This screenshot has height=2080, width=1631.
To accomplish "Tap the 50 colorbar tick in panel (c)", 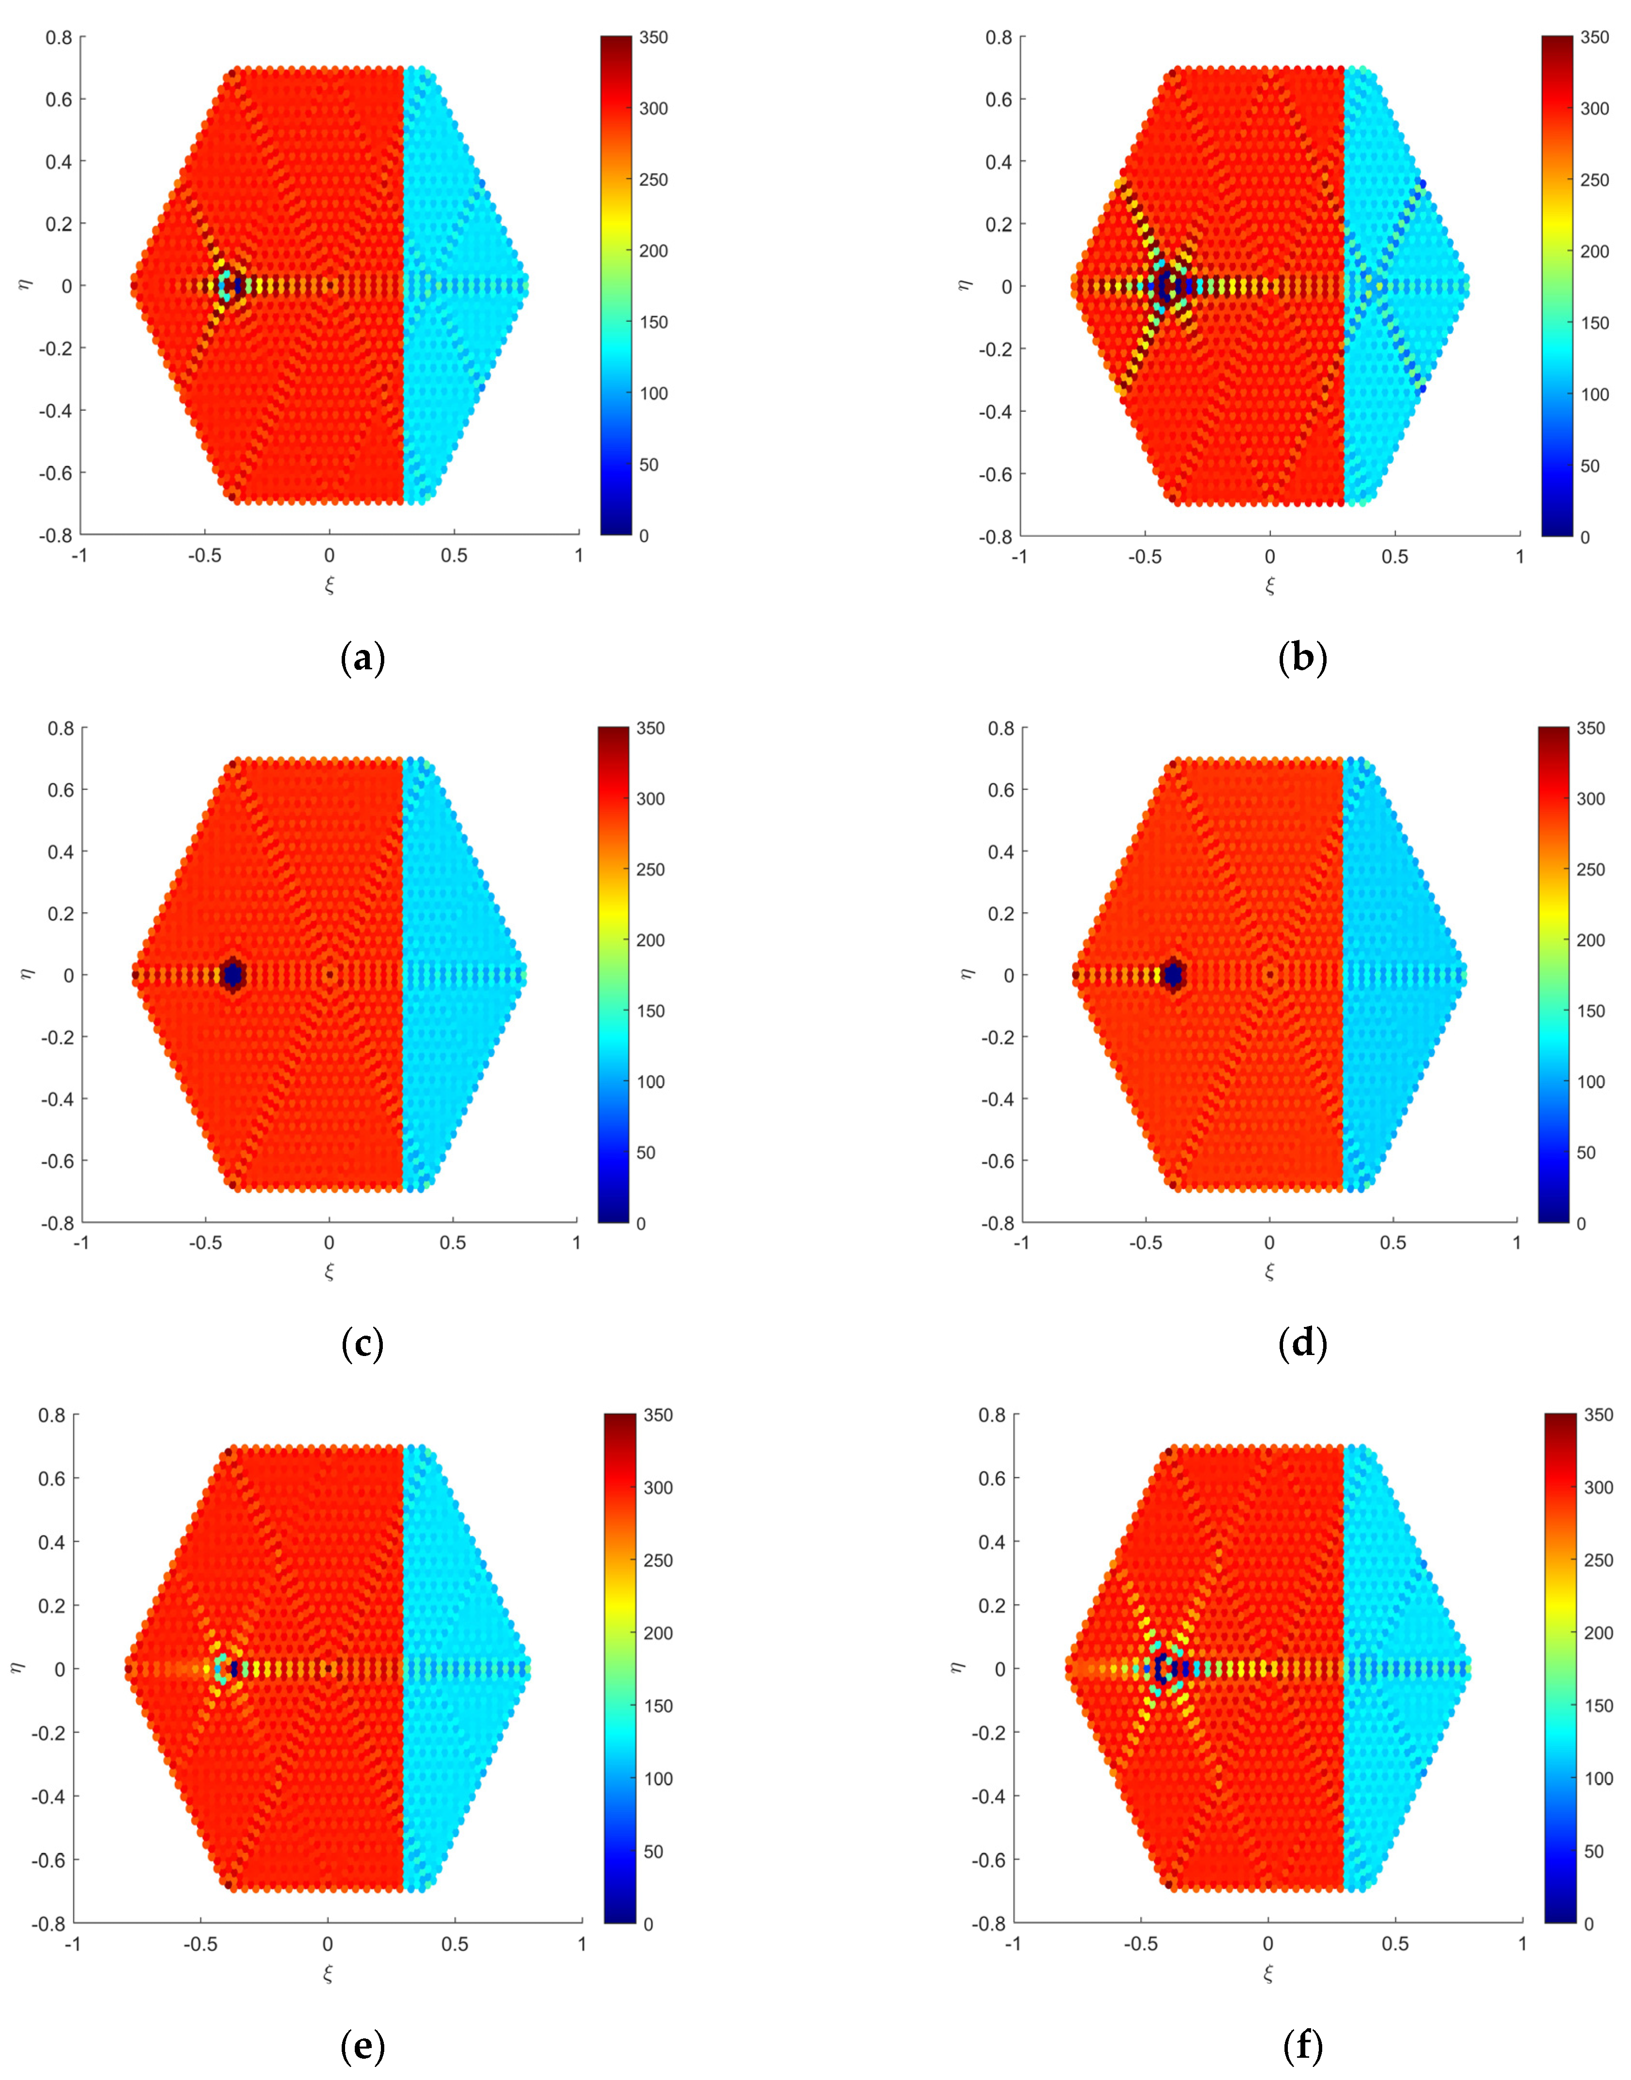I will (x=647, y=1153).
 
